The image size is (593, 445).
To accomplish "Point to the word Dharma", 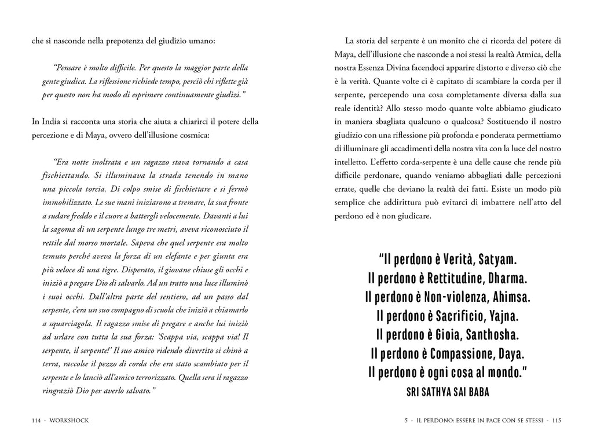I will pos(503,279).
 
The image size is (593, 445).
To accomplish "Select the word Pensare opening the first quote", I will pos(68,67).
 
